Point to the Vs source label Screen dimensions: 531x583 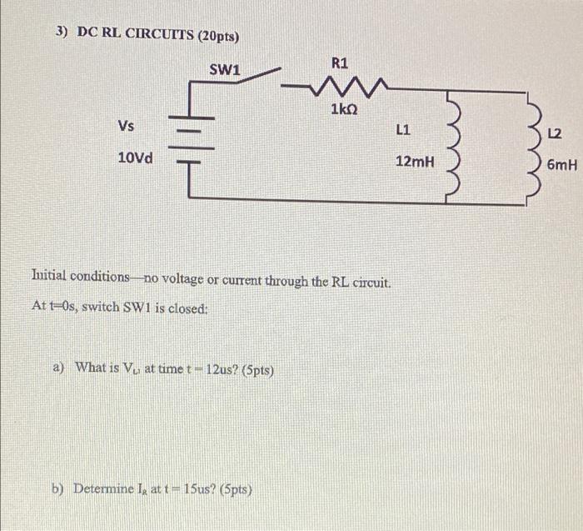tap(126, 126)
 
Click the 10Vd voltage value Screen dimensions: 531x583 tap(135, 158)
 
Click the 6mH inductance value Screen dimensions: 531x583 tap(562, 165)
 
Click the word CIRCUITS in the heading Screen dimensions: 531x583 tap(156, 36)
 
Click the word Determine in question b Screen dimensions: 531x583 tap(109, 489)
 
